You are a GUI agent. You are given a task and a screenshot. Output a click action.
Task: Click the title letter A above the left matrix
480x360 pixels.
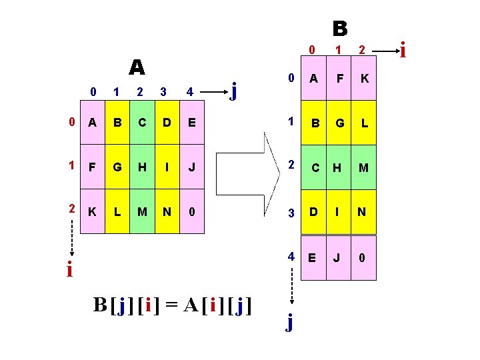(x=137, y=67)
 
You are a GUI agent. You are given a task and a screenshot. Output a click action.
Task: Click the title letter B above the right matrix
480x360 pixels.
(x=340, y=28)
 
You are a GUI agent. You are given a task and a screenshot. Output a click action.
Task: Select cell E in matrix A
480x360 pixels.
(x=192, y=123)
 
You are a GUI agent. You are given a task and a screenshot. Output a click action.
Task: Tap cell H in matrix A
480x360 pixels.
(x=141, y=166)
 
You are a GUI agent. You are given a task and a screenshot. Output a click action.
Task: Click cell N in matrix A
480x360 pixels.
(x=167, y=211)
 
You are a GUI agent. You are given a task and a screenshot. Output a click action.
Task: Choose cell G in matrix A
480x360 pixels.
(x=117, y=166)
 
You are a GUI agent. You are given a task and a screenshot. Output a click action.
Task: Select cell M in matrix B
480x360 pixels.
(x=364, y=167)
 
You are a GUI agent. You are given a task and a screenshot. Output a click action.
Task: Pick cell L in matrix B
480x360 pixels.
(x=364, y=124)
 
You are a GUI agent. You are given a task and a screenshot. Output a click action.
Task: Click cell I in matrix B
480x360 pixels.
(x=339, y=213)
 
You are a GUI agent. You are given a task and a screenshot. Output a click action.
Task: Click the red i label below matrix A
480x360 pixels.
(x=69, y=270)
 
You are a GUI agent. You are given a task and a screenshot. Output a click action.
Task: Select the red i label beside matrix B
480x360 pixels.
(x=402, y=49)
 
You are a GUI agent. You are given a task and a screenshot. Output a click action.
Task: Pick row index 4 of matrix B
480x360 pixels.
(x=290, y=256)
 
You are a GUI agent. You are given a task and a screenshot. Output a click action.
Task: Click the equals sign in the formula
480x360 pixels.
(x=171, y=305)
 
